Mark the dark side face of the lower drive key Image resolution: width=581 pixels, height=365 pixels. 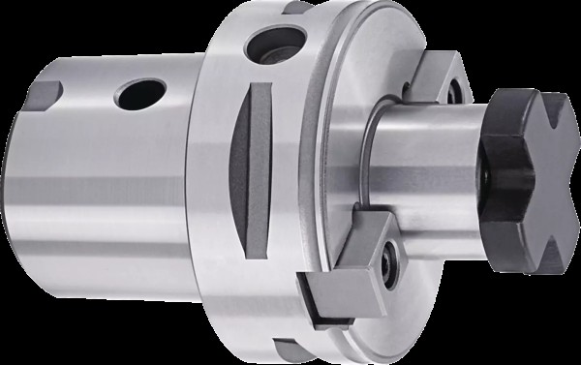320,295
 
